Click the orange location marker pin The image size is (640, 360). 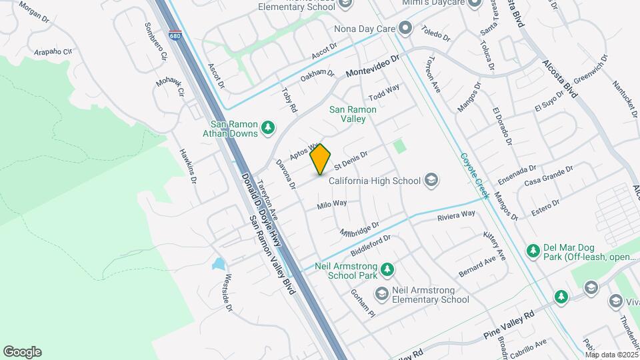pyautogui.click(x=321, y=159)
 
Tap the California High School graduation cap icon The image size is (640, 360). pyautogui.click(x=431, y=180)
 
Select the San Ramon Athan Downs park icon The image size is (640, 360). pyautogui.click(x=267, y=128)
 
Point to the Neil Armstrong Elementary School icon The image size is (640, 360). pyautogui.click(x=381, y=294)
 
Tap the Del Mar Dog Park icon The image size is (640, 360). pyautogui.click(x=533, y=251)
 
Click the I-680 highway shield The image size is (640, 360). pyautogui.click(x=175, y=36)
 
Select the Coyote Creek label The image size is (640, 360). pyautogui.click(x=475, y=175)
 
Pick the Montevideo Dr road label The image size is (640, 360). pyautogui.click(x=372, y=67)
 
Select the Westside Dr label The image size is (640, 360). pyautogui.click(x=229, y=293)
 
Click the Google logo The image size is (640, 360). pyautogui.click(x=22, y=352)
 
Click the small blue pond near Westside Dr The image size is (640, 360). pyautogui.click(x=219, y=264)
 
